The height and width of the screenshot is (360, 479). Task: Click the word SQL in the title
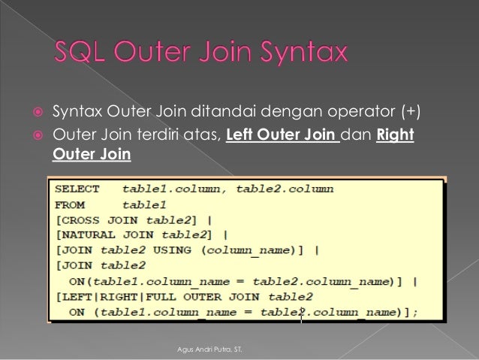83,53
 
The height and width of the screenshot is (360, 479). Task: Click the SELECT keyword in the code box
76,189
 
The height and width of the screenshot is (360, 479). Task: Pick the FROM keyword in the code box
70,204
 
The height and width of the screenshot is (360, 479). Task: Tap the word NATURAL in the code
85,234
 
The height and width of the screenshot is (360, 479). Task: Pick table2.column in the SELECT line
285,189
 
